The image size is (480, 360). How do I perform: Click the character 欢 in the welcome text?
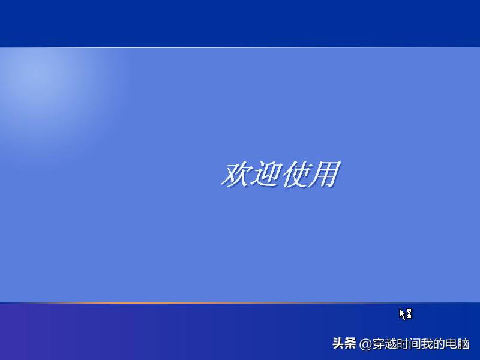pos(236,174)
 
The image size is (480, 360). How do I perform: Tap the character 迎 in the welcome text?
pos(265,174)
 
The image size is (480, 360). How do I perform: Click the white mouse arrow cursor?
pos(403,313)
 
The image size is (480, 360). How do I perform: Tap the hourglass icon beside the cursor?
pos(409,313)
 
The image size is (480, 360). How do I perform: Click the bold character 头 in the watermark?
pos(338,344)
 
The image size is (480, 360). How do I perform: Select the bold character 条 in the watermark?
pos(350,344)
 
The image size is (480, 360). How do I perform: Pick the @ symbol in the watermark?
pos(365,344)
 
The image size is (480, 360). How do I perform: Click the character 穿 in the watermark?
pos(379,344)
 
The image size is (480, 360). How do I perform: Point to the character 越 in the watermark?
pos(392,344)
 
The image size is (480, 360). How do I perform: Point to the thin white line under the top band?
pos(240,47)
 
